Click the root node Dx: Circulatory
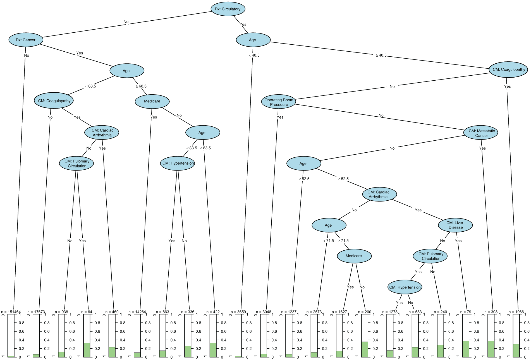click(x=228, y=9)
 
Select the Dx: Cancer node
click(x=26, y=40)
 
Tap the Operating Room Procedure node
click(x=279, y=102)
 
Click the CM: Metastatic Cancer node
click(x=481, y=133)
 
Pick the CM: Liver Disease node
click(x=455, y=225)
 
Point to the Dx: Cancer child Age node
click(x=127, y=71)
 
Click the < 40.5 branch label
click(x=254, y=55)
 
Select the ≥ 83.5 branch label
click(x=205, y=148)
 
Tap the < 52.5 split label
click(x=304, y=179)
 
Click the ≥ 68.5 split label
click(x=141, y=86)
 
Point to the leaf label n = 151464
click(x=11, y=312)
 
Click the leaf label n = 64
click(x=87, y=312)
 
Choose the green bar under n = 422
click(x=213, y=350)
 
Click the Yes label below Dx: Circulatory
click(x=243, y=25)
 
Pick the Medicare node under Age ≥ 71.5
click(x=354, y=256)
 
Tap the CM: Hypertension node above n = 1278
click(x=405, y=287)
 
